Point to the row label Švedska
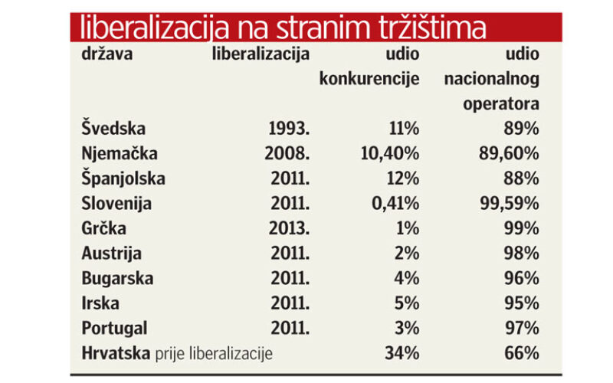click(x=113, y=129)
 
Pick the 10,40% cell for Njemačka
click(x=389, y=153)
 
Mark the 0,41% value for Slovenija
click(x=394, y=204)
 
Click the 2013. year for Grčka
click(x=290, y=228)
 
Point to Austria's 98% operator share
click(x=522, y=254)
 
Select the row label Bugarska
click(x=117, y=278)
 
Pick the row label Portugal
click(x=114, y=328)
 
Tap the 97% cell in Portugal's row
click(x=522, y=328)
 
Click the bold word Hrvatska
click(x=115, y=353)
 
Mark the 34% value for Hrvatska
click(x=402, y=353)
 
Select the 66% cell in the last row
click(x=522, y=353)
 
